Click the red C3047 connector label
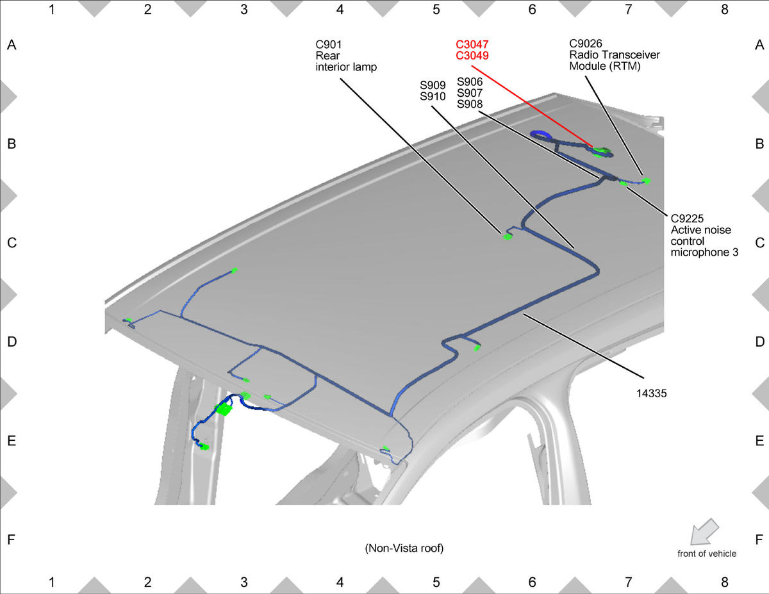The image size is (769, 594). coord(472,45)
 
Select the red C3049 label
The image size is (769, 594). coord(472,56)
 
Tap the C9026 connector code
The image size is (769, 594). coord(585,44)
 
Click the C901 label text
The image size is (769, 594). coord(329,45)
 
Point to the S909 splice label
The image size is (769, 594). coord(433,85)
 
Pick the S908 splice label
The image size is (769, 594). coord(470,104)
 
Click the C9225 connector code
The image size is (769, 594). coord(687,219)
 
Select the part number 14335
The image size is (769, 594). coord(652,393)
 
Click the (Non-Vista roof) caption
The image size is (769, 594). coord(404,548)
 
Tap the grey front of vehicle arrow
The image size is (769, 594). coord(704,532)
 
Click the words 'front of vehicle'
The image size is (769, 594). coord(707,554)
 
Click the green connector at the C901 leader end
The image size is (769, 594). coord(507,236)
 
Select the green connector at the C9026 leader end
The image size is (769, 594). coord(646,181)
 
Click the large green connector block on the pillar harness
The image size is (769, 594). coord(224,409)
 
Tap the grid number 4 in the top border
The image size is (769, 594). coord(340,10)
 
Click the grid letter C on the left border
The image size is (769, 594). coord(12,243)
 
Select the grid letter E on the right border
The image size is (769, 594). coord(759,441)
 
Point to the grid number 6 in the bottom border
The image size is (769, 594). coord(532,582)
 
